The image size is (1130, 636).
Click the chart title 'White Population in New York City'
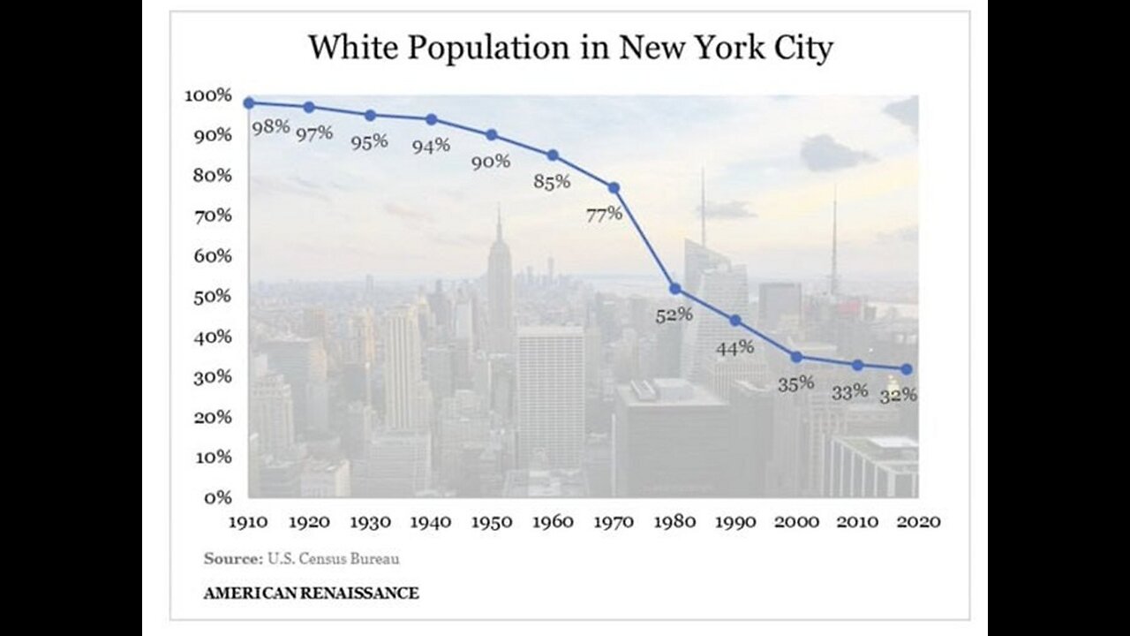click(569, 48)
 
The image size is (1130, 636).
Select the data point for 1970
click(614, 188)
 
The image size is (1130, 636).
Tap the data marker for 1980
click(675, 289)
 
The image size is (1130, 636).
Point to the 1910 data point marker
click(249, 102)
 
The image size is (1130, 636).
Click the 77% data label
click(604, 213)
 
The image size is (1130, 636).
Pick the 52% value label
click(674, 314)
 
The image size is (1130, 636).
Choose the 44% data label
click(734, 347)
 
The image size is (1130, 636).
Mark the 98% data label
click(271, 125)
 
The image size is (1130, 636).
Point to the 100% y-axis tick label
click(208, 95)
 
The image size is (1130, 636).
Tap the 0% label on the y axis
click(219, 497)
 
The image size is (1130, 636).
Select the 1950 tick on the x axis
click(492, 521)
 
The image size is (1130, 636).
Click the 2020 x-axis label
click(919, 521)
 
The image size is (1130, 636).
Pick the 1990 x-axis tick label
click(736, 521)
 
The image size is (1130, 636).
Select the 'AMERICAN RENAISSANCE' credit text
click(311, 593)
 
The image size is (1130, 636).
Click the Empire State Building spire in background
click(499, 225)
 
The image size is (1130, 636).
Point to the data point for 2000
click(796, 357)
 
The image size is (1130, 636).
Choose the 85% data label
click(552, 182)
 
